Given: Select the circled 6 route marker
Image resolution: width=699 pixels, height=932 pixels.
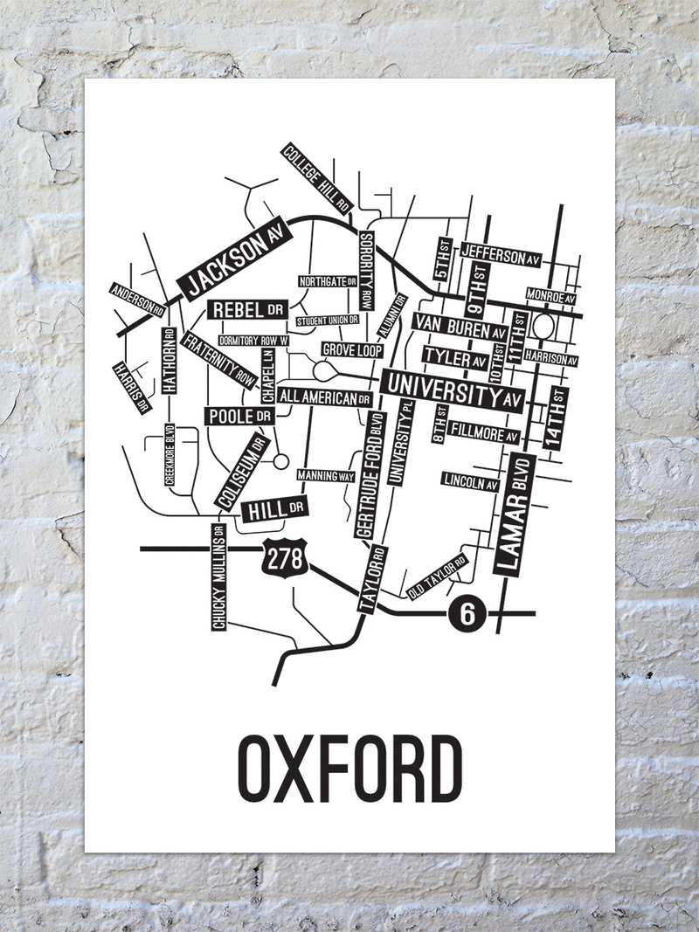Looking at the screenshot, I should click(x=466, y=614).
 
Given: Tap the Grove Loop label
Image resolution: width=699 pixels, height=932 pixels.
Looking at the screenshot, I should click(x=352, y=349).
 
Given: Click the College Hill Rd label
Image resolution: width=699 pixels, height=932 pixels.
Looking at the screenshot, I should click(x=316, y=179).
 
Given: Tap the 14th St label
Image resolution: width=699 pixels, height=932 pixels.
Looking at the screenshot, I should click(x=554, y=417).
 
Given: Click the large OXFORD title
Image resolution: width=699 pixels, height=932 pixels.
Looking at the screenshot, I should click(x=349, y=770).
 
